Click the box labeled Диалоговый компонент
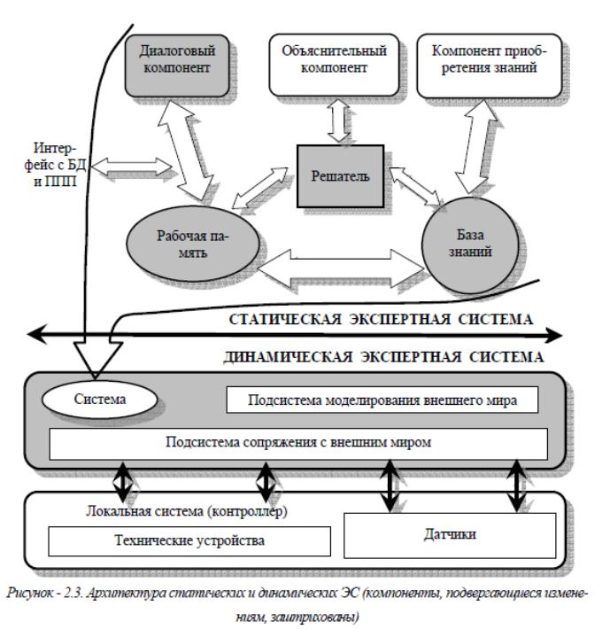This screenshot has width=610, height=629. (177, 66)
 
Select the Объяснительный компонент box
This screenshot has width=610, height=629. (334, 65)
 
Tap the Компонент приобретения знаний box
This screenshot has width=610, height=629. (489, 66)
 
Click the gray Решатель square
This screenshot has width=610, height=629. (340, 176)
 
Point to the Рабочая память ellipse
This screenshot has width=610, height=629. (193, 244)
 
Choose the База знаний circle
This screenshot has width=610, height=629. (470, 245)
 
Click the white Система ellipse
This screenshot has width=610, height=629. (99, 400)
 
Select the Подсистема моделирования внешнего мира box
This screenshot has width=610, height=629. (382, 400)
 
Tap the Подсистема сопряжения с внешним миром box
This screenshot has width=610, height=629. (298, 444)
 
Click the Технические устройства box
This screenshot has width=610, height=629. (189, 541)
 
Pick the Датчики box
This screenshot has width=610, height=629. (450, 535)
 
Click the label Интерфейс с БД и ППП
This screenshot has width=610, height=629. (55, 165)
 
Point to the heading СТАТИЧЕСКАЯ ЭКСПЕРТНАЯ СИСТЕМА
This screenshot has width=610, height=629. (381, 320)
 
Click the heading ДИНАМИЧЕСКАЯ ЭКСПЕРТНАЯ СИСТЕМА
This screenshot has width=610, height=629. (383, 357)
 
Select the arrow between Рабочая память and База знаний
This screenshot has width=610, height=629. (341, 268)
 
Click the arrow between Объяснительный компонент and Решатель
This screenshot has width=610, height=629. (338, 120)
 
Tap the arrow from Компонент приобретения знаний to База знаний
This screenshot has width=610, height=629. (476, 147)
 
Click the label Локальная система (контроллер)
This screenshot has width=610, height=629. (187, 512)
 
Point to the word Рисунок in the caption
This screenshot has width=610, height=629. (29, 593)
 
